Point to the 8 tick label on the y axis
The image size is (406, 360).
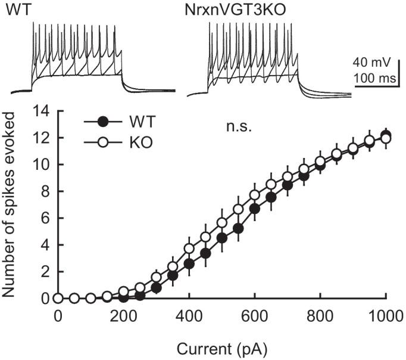pos(41,191)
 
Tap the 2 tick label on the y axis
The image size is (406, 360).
pos(41,272)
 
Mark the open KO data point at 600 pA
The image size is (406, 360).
pos(255,195)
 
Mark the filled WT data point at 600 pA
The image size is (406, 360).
pos(255,209)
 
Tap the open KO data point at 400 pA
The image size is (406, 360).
pos(189,248)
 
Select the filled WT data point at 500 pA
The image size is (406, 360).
pos(222,238)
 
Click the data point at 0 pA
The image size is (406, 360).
pos(58,298)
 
